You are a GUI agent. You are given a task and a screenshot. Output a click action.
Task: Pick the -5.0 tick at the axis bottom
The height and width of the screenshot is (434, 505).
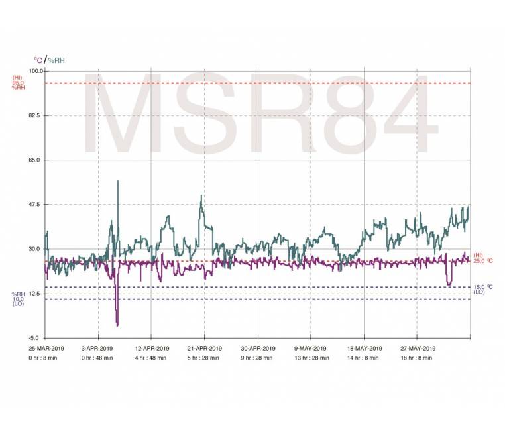click(36, 338)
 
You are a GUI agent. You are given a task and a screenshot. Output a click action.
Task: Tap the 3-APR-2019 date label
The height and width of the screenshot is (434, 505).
click(98, 349)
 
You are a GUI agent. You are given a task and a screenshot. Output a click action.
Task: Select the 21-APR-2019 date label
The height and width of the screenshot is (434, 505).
click(204, 349)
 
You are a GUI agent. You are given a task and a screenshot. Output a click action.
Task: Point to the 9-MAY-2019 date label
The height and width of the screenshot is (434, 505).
click(310, 349)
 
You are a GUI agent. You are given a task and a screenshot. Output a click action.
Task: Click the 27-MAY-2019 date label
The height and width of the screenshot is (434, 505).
click(417, 349)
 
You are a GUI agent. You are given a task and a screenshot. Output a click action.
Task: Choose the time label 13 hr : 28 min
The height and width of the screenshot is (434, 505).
click(310, 358)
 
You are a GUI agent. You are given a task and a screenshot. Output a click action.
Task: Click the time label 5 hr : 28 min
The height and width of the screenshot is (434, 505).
click(204, 358)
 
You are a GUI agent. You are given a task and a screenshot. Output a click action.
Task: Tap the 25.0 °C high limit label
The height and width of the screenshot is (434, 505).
click(483, 260)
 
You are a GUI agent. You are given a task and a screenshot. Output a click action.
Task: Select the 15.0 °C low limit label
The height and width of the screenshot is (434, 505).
click(483, 287)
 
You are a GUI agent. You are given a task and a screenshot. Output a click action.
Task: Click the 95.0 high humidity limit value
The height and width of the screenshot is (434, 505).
click(19, 83)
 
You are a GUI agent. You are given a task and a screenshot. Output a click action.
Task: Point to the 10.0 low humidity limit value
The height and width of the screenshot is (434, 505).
click(19, 299)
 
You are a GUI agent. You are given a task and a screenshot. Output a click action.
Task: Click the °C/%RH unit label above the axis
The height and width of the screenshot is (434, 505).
click(50, 60)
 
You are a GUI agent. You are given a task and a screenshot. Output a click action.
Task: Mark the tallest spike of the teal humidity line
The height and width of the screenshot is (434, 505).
click(118, 181)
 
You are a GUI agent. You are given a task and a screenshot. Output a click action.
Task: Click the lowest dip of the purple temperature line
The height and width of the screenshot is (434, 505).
click(117, 325)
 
